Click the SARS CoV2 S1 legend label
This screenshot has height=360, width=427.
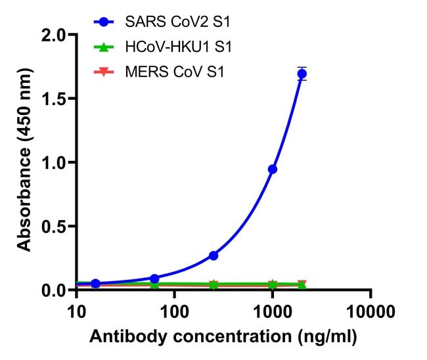coord(173,23)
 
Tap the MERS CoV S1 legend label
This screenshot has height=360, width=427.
coord(174,72)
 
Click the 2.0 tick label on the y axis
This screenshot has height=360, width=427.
coord(54,35)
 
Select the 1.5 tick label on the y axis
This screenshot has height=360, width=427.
coord(54,99)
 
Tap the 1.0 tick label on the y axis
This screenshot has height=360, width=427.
coord(54,162)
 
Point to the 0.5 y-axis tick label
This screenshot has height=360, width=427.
coord(54,226)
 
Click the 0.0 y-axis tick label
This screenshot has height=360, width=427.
coord(54,290)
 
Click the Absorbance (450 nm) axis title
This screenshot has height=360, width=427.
coord(25,162)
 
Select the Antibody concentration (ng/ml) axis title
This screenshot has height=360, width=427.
coord(223,338)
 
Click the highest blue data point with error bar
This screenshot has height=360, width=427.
coord(302,74)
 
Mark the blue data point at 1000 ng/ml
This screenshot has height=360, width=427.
coord(273,169)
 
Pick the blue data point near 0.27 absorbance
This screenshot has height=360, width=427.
coord(213,255)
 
